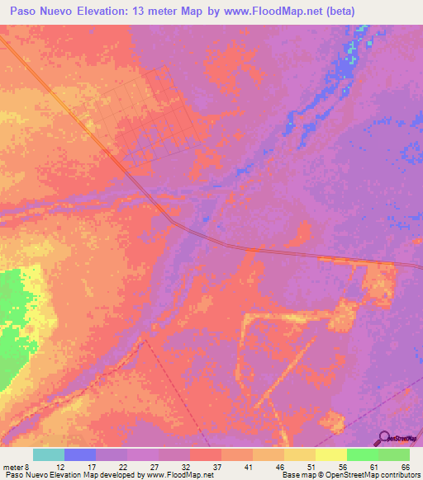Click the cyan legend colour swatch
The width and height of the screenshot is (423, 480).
click(48, 454)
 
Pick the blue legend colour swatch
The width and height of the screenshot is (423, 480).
click(79, 454)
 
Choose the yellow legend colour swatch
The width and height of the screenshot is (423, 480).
click(299, 454)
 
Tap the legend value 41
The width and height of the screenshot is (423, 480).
click(248, 466)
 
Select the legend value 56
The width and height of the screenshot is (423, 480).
click(342, 466)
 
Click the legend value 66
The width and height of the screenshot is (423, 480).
click(405, 466)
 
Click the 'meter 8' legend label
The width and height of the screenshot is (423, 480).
click(16, 466)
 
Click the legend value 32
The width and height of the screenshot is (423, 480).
click(185, 466)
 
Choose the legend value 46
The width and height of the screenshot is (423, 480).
click(279, 466)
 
